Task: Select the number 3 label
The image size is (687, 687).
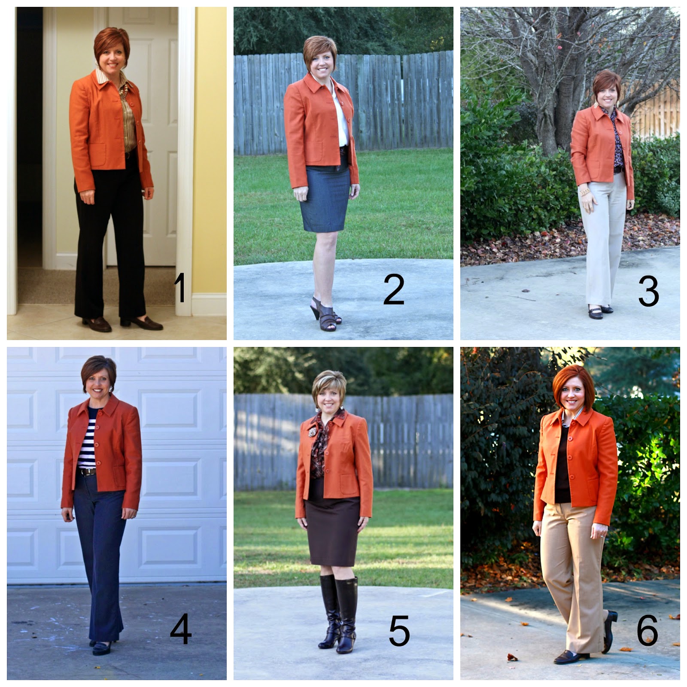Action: click(648, 292)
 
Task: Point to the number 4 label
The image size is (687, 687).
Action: click(180, 629)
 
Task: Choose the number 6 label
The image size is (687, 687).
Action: click(647, 630)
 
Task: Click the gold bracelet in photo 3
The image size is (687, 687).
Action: click(584, 192)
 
